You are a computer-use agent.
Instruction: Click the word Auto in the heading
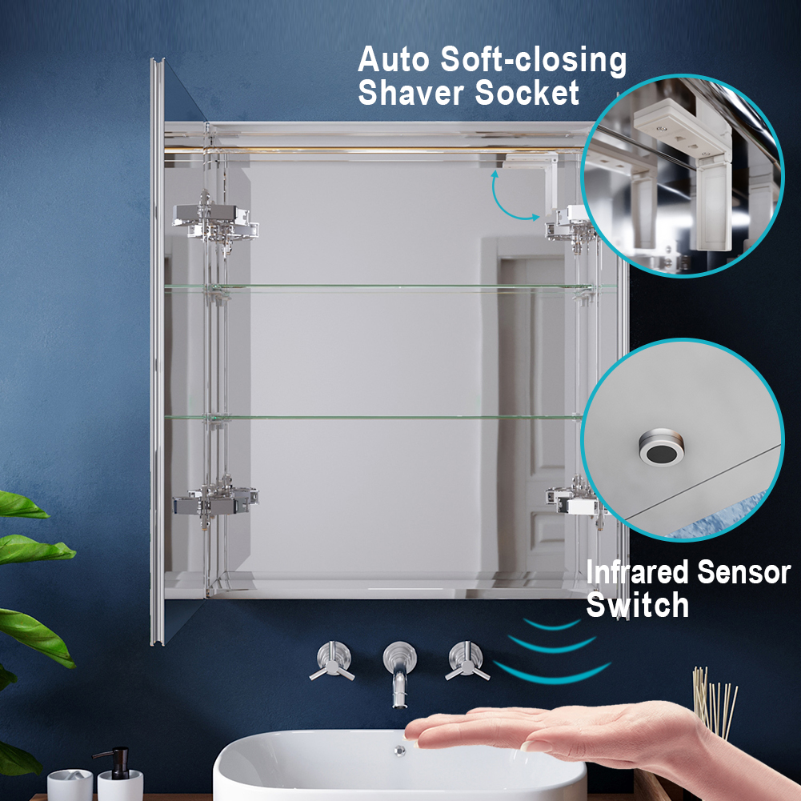393,60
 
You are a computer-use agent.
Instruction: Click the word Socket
527,93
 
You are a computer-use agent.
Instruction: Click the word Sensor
744,571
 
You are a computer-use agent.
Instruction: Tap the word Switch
637,605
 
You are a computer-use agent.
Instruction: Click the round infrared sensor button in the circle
661,447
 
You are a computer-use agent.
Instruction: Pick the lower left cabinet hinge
215,501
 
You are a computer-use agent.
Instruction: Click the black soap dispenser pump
116,762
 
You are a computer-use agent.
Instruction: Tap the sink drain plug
400,751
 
